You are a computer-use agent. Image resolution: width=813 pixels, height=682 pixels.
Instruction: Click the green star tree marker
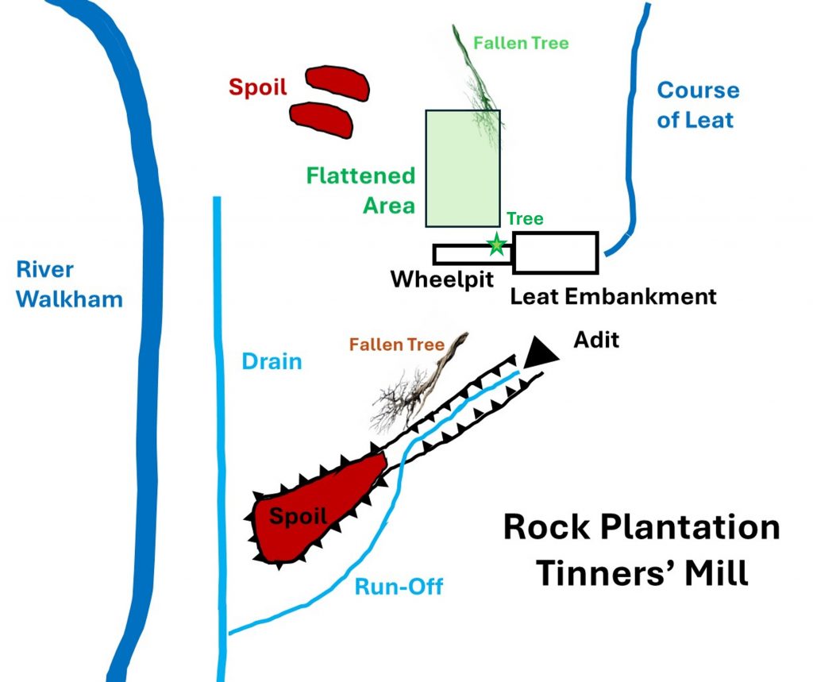[497, 245]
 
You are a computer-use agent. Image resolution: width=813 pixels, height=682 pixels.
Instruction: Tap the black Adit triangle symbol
[540, 352]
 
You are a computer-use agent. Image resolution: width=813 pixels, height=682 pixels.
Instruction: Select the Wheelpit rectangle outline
[460, 255]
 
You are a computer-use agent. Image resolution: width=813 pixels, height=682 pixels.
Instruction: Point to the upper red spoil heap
[337, 82]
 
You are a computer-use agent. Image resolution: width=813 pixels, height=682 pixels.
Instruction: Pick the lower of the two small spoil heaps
[322, 118]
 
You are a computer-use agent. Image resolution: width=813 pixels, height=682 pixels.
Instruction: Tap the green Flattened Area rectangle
[463, 168]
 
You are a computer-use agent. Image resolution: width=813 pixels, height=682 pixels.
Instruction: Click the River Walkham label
[70, 284]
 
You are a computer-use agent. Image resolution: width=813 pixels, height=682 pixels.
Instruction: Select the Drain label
[272, 362]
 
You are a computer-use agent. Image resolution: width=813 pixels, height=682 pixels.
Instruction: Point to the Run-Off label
[399, 588]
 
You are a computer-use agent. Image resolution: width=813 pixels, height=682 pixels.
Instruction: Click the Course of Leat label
[697, 105]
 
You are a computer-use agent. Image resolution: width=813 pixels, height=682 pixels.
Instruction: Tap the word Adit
[595, 341]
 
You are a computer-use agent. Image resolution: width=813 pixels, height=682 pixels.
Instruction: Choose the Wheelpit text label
[443, 280]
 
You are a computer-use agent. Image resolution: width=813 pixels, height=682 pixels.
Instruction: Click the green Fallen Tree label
[521, 43]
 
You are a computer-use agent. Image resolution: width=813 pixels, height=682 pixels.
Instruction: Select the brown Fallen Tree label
[396, 345]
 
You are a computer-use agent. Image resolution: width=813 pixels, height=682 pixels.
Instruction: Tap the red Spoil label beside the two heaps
[258, 87]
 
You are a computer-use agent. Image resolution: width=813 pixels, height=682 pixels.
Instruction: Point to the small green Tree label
[525, 219]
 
